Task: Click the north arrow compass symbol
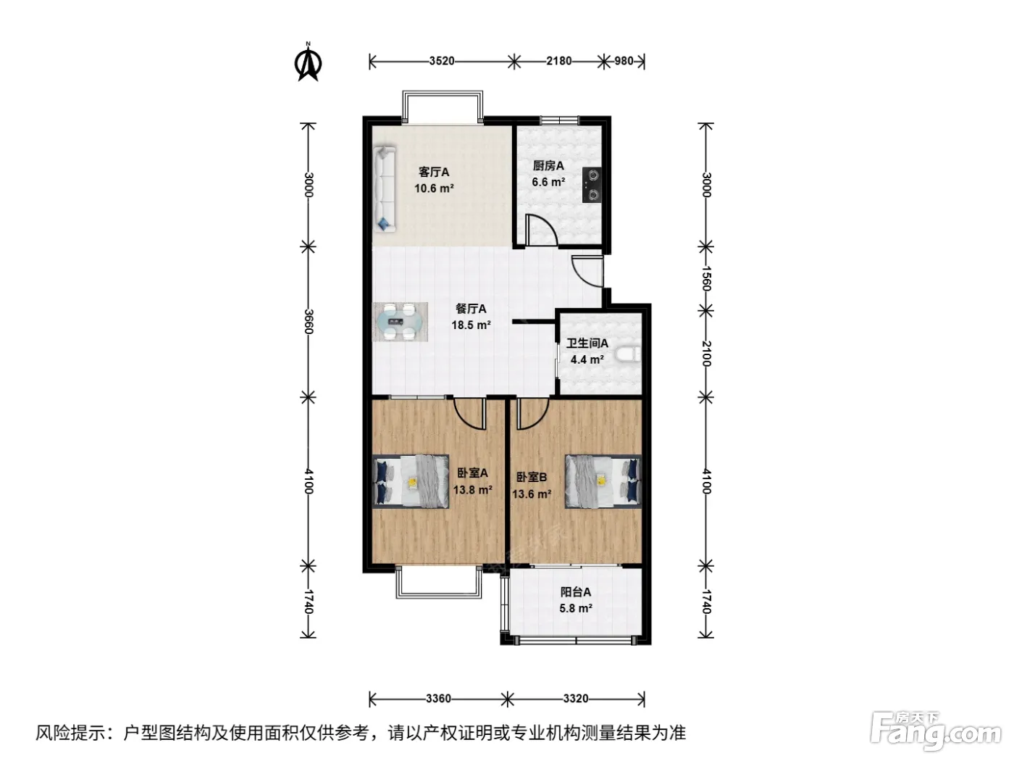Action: coord(308,62)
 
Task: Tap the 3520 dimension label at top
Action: coord(442,61)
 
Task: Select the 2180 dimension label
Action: coord(559,61)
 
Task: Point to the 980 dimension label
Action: coord(624,61)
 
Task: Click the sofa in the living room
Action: coord(385,189)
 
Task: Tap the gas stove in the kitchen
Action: coord(592,185)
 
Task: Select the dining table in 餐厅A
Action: coord(400,322)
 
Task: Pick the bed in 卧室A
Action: coord(411,481)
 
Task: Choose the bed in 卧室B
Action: coord(603,481)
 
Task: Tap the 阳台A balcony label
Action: coord(576,592)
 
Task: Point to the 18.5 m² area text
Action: coord(471,325)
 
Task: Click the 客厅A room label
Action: coord(434,172)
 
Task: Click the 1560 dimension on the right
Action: coord(706,278)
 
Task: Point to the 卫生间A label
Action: coord(587,344)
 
